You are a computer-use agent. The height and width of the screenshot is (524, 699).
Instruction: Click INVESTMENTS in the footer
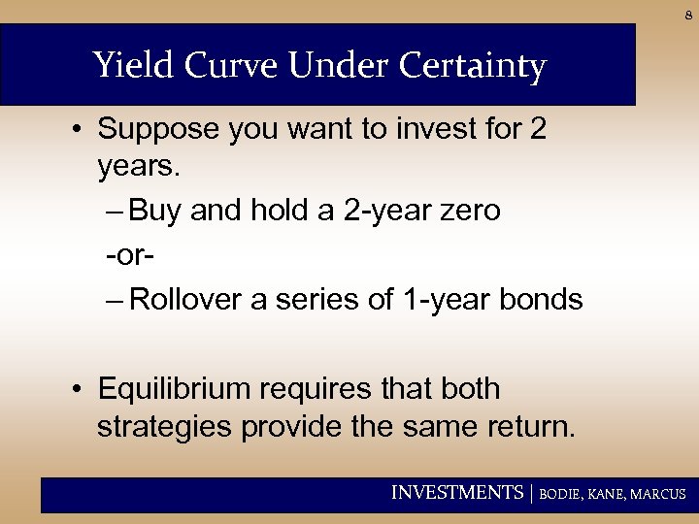pos(456,493)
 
